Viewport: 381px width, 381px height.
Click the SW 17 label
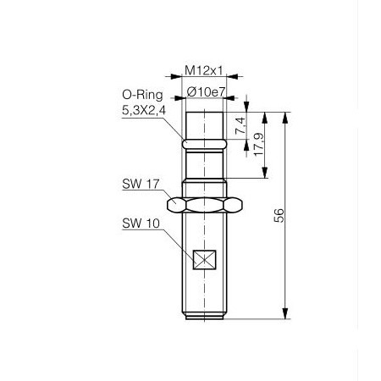pyautogui.click(x=139, y=184)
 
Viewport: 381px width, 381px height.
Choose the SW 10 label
pyautogui.click(x=139, y=224)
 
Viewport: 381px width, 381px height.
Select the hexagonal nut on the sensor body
pyautogui.click(x=205, y=204)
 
